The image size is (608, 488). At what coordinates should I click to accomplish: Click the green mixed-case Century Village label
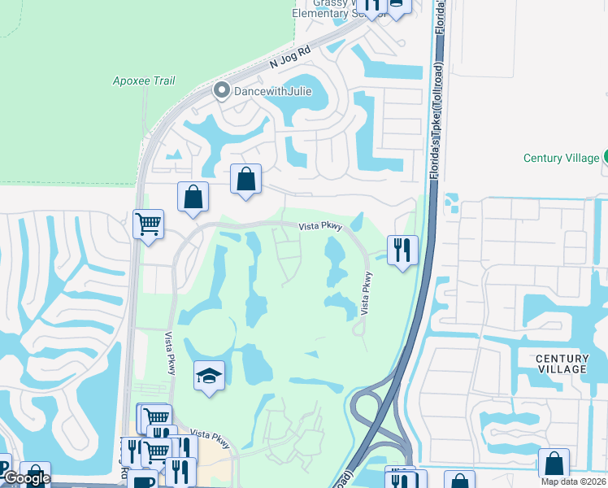point(561,158)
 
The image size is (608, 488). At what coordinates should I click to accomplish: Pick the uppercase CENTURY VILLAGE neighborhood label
point(562,364)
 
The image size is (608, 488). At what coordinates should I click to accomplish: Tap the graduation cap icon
point(209,376)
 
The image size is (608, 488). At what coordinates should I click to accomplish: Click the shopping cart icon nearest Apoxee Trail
point(148,223)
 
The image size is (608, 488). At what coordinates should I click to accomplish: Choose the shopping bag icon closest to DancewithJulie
point(245,179)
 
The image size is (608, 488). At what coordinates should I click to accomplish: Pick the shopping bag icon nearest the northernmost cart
point(193,196)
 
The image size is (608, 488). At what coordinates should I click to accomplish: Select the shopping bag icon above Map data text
point(554,464)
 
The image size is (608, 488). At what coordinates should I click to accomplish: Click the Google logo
point(26,478)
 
